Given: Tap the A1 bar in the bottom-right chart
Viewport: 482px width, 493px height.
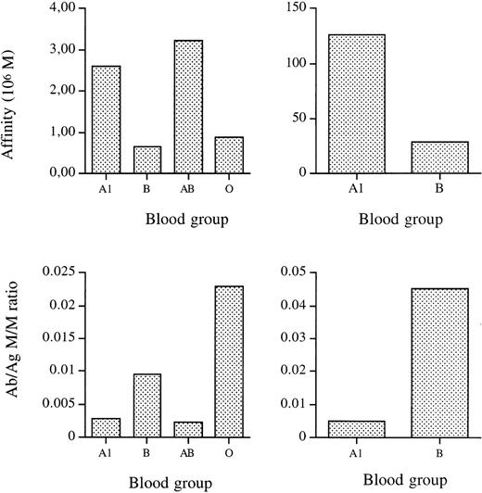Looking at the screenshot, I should (356, 428).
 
